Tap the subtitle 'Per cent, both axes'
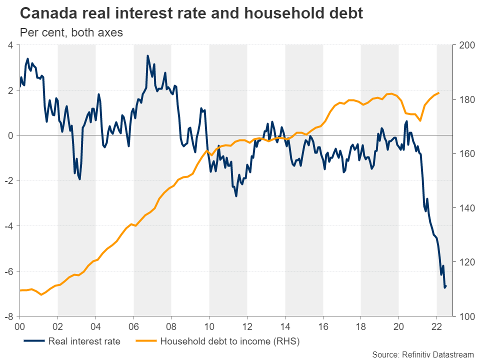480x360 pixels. (x=71, y=33)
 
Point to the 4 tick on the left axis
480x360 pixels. (x=9, y=45)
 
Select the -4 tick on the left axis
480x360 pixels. (x=8, y=226)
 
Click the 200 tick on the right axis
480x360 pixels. (x=462, y=45)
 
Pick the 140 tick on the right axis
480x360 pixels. (x=462, y=208)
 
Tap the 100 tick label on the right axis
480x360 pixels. (x=462, y=316)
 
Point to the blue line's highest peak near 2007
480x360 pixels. (x=147, y=55)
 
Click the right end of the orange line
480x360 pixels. (x=438, y=93)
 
